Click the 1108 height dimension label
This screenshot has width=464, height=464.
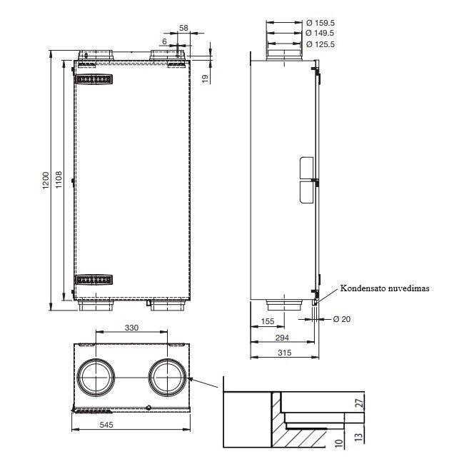click(x=61, y=180)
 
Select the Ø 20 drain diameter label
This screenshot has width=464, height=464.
click(x=342, y=319)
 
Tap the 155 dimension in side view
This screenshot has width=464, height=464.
click(x=268, y=322)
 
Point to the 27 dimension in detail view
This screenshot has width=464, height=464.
click(x=358, y=404)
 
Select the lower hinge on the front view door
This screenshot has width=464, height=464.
click(x=95, y=279)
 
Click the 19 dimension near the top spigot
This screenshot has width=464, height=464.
click(x=205, y=78)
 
